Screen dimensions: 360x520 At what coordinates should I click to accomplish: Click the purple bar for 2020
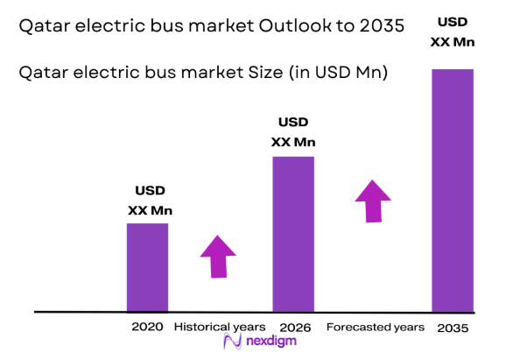(x=147, y=267)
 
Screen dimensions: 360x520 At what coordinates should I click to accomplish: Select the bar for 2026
(x=293, y=234)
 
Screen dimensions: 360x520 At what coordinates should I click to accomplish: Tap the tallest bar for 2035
(x=452, y=190)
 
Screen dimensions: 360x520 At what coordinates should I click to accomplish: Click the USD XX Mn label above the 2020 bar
(x=150, y=200)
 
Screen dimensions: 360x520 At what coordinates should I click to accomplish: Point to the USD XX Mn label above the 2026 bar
(x=293, y=131)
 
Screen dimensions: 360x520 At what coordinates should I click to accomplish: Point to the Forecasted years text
(x=375, y=327)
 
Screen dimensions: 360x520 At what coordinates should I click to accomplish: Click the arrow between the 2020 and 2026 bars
(x=218, y=255)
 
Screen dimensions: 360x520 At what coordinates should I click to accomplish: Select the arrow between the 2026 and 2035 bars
(x=374, y=201)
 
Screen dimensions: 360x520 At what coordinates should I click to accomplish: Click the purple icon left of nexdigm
(x=232, y=342)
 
